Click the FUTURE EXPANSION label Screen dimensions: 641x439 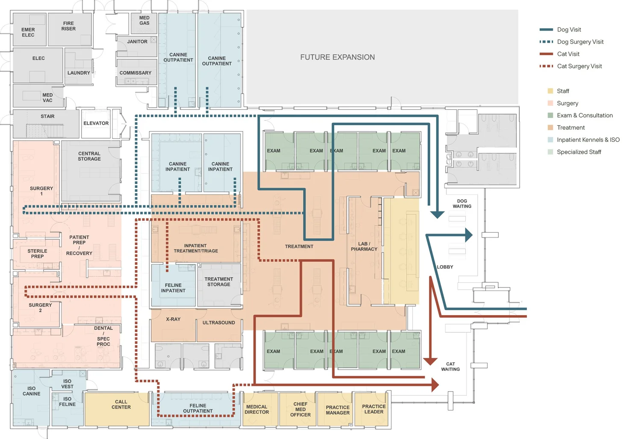[338, 57]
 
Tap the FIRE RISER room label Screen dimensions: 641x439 [68, 26]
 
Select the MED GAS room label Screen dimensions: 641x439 [144, 20]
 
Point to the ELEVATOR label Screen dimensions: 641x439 [96, 123]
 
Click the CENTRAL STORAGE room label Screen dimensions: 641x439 [89, 156]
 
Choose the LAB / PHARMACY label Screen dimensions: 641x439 [364, 246]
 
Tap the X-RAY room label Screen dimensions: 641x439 [173, 319]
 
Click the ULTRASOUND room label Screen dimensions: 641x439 [219, 322]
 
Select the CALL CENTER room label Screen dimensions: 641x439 [121, 404]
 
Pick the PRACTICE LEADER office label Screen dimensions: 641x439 [374, 409]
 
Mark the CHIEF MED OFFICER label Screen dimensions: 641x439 [300, 409]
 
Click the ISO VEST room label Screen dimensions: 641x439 [67, 384]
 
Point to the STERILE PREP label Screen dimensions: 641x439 [37, 254]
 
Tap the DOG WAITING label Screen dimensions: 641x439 [462, 204]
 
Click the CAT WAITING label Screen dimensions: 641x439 [450, 367]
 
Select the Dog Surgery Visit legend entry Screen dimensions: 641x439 [571, 42]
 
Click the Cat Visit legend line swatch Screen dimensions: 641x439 [546, 54]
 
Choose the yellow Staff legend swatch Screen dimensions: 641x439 [550, 91]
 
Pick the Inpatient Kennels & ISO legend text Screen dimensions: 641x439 [588, 140]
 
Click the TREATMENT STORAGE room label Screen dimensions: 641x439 [219, 282]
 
